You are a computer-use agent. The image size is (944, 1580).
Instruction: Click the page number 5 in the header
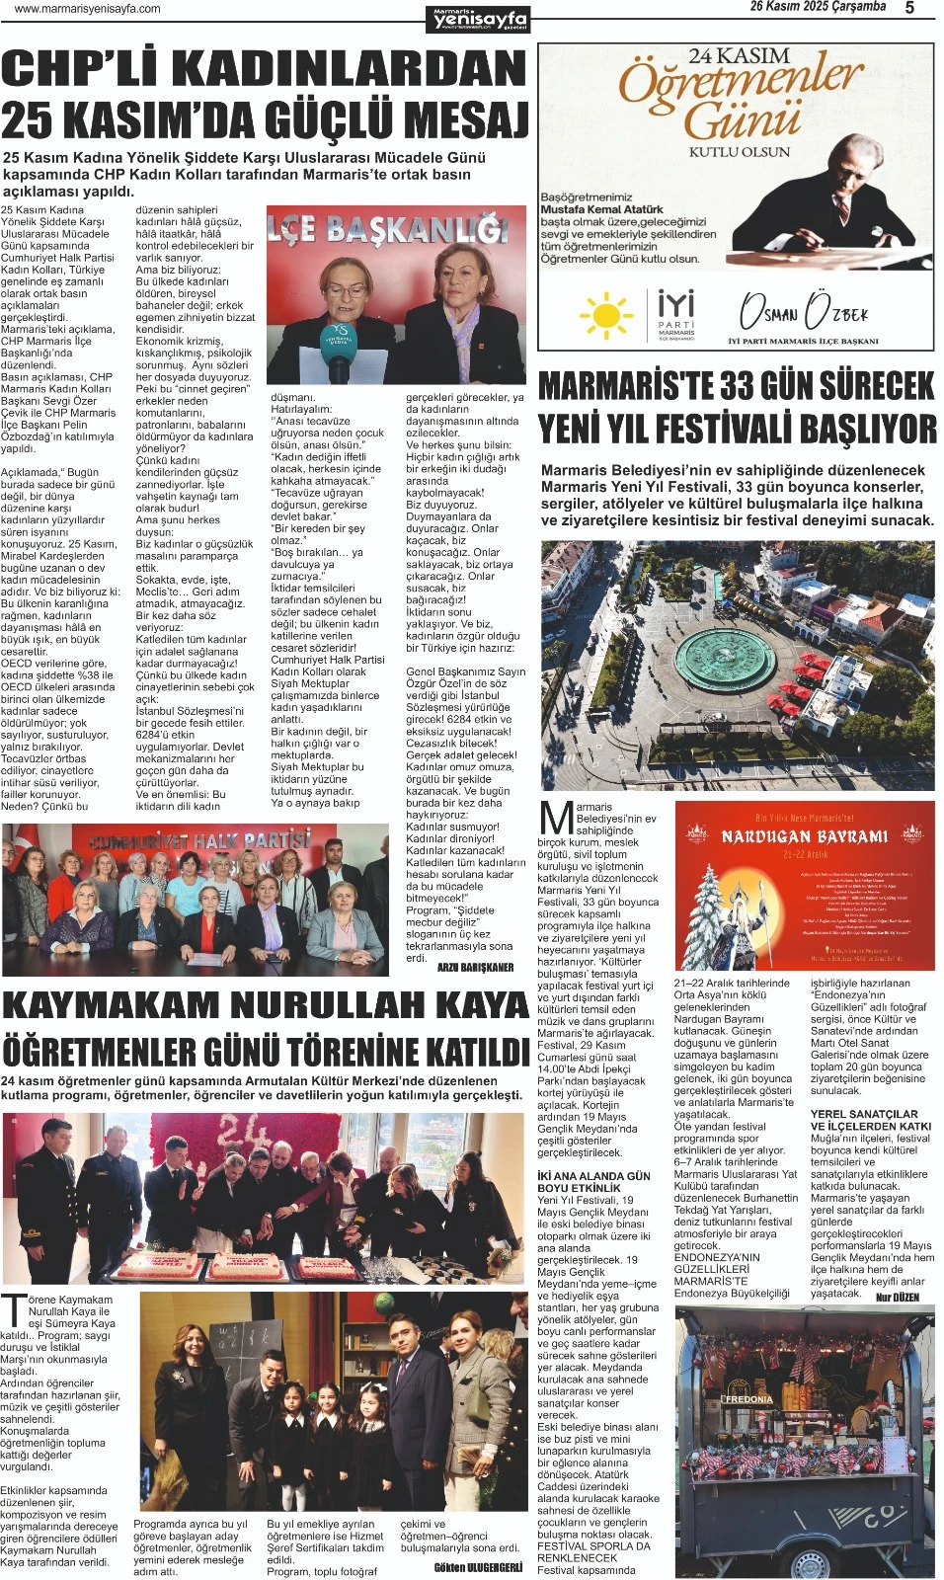point(909,8)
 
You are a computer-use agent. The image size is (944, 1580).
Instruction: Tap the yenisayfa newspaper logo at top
point(481,19)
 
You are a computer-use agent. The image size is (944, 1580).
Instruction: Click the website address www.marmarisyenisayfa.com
point(88,9)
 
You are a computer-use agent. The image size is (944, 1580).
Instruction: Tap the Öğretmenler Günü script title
point(741,99)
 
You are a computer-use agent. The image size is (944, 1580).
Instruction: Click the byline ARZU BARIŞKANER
point(475,968)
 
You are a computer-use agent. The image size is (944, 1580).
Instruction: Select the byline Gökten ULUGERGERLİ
point(478,1567)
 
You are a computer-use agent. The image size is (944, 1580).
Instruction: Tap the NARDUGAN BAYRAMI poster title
point(804,836)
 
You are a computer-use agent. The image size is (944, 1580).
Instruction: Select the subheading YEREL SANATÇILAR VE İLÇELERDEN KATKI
point(870,1120)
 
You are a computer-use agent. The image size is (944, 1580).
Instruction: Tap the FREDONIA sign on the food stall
point(748,1399)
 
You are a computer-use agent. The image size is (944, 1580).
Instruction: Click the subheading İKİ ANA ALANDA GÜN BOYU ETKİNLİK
point(593,1182)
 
